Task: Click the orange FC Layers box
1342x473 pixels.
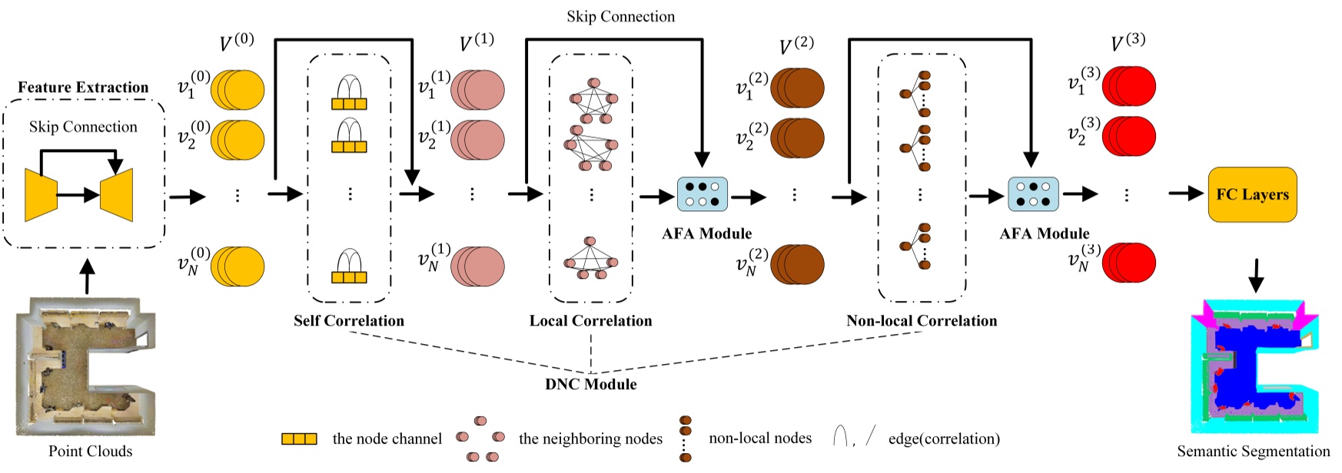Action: tap(1252, 194)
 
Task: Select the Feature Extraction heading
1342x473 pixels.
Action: tap(83, 88)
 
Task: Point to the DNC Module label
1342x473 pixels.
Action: tap(590, 384)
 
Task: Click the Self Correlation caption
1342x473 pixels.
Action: tap(348, 321)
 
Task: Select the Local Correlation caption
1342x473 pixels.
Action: tap(590, 321)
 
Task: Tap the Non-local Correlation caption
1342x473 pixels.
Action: tap(921, 321)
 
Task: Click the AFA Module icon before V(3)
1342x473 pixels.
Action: tap(1033, 194)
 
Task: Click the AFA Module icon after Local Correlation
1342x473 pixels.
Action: tap(702, 194)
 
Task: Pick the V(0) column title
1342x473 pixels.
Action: tap(236, 43)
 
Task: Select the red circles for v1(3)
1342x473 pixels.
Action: tap(1129, 85)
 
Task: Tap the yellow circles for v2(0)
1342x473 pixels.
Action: tap(238, 139)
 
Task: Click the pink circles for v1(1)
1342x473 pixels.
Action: tap(477, 89)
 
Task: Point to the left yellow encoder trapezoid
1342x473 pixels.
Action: tap(41, 195)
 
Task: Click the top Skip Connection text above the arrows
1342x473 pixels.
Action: tap(620, 16)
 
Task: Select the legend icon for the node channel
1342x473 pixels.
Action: tap(299, 439)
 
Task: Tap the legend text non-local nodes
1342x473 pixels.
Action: tap(759, 438)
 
